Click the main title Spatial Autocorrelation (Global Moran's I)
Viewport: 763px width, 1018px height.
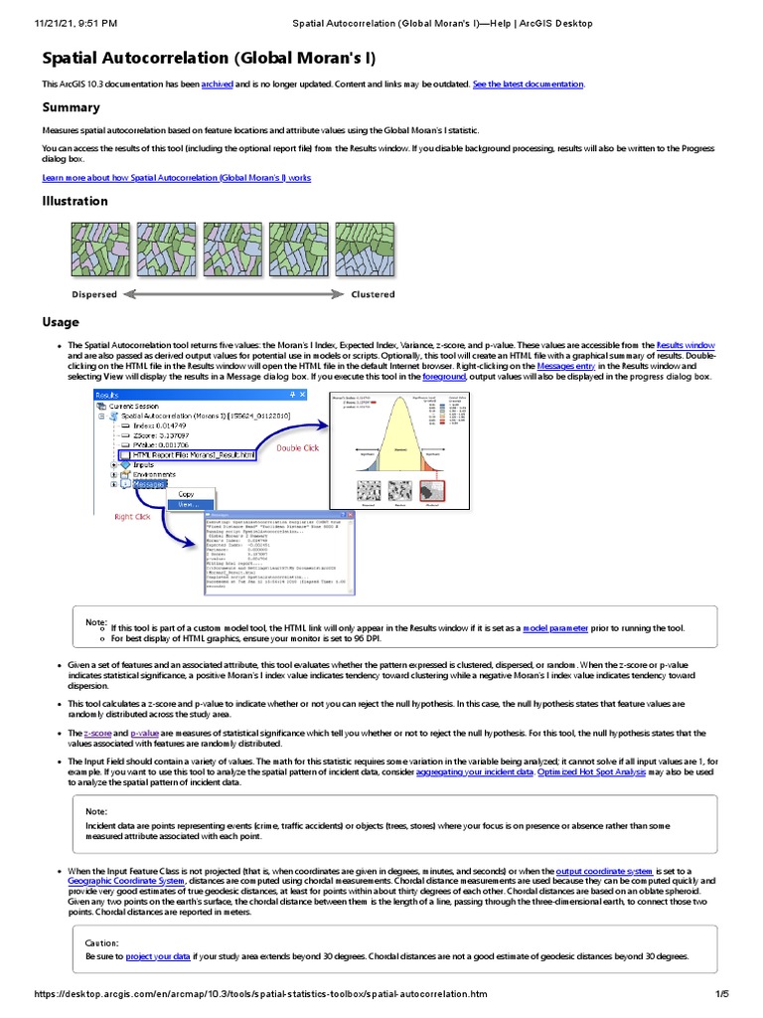209,59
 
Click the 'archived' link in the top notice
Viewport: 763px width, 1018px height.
217,85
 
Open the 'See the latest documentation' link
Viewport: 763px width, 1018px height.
529,85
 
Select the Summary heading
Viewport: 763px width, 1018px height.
71,107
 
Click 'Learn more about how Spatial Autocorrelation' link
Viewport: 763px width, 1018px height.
176,178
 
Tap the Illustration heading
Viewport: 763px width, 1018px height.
75,201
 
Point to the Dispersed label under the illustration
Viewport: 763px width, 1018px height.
94,294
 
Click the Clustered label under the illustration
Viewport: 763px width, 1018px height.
373,294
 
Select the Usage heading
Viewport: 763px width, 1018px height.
60,322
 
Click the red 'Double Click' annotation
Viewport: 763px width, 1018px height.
298,448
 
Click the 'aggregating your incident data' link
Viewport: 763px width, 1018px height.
473,771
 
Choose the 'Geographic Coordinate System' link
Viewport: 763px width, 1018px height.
125,881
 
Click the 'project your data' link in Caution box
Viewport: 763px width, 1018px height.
158,955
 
